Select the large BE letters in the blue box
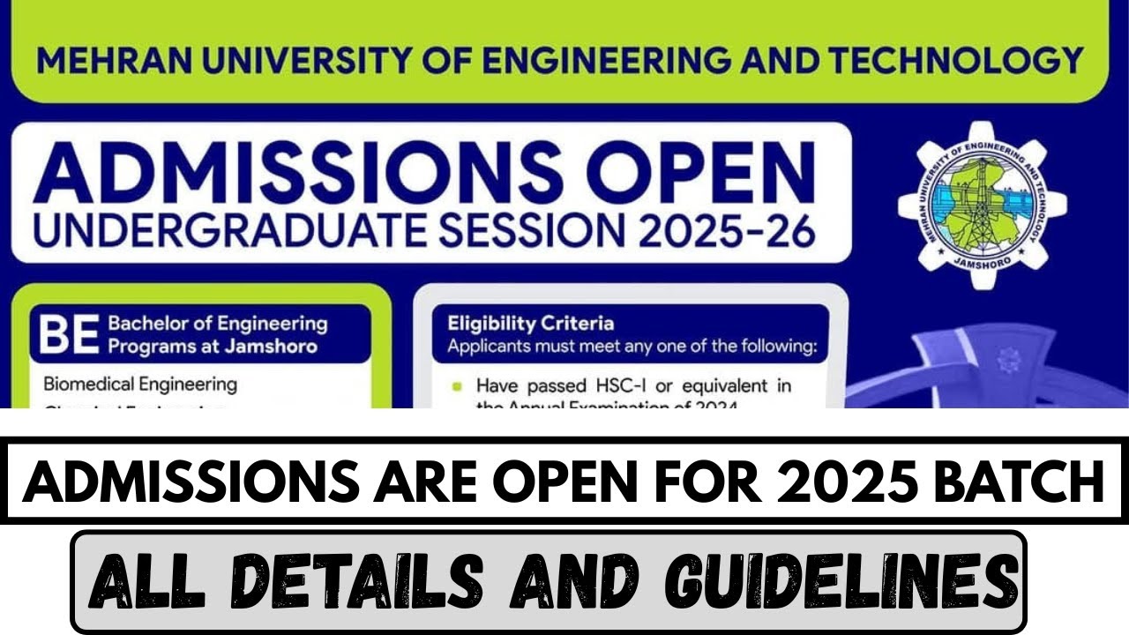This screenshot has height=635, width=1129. (68, 335)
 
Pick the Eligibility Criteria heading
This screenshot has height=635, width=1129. (530, 323)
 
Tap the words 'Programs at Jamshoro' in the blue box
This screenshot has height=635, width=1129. (213, 346)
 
